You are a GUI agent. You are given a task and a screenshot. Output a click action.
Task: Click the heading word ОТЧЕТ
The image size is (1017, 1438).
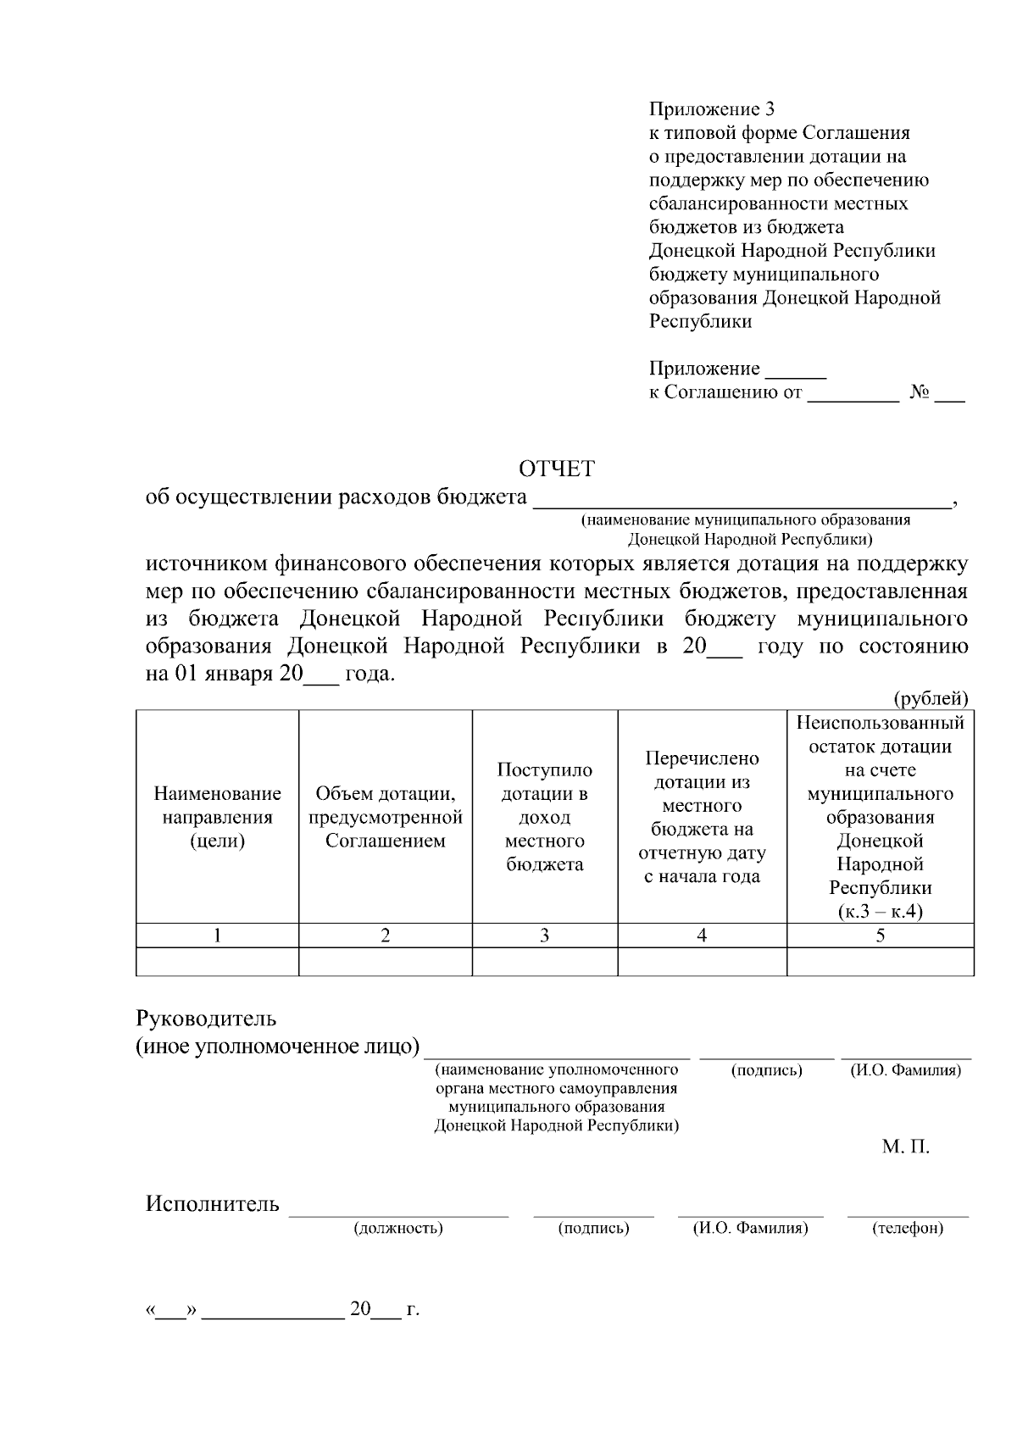point(557,469)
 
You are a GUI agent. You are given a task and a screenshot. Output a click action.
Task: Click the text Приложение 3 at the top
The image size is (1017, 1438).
point(711,109)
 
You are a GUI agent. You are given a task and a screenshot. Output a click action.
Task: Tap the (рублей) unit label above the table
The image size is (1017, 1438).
point(931,698)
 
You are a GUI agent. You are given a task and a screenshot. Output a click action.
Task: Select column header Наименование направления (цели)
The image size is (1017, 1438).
point(217,817)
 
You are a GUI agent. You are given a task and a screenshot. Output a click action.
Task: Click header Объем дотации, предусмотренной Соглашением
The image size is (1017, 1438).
point(386,817)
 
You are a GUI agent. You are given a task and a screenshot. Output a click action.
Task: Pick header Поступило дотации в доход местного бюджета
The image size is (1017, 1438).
point(544,817)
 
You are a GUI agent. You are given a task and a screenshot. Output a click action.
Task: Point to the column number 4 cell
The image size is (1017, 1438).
point(702,936)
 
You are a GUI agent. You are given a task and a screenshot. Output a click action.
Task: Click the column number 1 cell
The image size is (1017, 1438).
point(217,936)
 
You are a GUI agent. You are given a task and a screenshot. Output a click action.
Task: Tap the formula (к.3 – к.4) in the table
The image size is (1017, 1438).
point(880,912)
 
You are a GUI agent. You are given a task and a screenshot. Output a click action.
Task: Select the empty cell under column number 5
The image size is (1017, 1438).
point(880,962)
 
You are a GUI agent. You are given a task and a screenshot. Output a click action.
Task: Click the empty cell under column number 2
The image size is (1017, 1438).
point(386,962)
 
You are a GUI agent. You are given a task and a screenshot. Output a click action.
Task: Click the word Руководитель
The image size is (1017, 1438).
point(207,1018)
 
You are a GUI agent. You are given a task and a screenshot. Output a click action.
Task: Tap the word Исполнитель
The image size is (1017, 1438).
point(212,1204)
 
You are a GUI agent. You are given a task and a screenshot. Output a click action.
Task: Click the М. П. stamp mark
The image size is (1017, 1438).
point(905,1147)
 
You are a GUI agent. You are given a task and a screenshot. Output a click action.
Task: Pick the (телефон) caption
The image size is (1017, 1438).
point(907,1228)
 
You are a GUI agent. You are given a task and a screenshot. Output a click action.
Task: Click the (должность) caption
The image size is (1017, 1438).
point(398,1228)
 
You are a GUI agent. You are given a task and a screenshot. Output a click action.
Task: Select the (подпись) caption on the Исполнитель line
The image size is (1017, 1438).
point(593,1228)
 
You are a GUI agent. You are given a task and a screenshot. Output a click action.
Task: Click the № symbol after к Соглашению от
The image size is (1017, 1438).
point(920,392)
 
